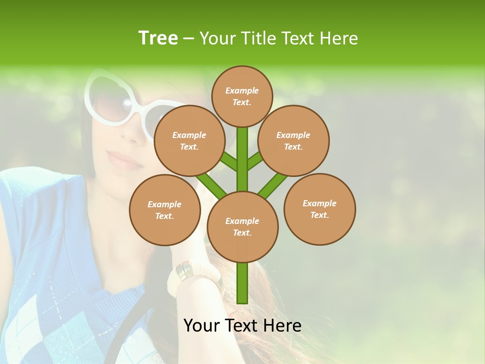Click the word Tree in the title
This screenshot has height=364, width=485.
158,38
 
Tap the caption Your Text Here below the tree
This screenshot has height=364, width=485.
242,326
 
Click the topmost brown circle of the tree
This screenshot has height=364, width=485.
242,96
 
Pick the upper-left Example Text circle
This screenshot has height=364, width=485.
189,141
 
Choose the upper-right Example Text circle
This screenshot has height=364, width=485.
294,141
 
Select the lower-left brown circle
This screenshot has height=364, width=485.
165,210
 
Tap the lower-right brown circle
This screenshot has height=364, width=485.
319,209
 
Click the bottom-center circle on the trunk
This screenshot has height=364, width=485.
242,227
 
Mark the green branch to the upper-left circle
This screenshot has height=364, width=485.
229,162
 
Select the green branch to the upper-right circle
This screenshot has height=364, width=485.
255,161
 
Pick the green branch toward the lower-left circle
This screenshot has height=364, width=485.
211,185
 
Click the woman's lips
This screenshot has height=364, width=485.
123,161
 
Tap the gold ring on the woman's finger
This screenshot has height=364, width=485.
184,271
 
